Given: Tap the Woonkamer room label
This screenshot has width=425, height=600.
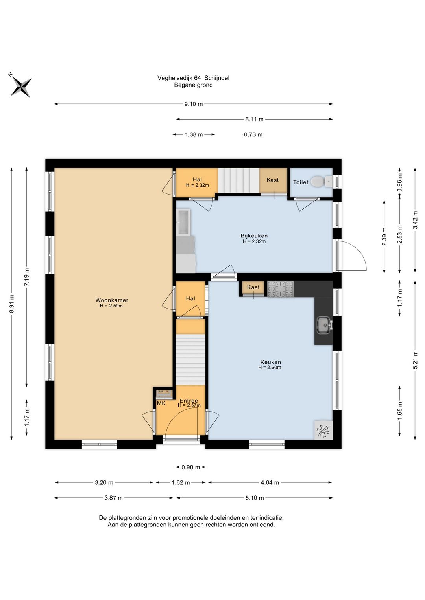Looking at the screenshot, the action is pos(112,300).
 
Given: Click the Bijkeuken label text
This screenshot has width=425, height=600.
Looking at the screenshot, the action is pos(254,236).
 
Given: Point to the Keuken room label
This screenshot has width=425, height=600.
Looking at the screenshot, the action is pos(270,362).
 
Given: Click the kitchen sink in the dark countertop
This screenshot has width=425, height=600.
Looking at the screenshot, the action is pos(324,325).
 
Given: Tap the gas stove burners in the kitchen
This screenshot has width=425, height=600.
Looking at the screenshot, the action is pos(281,289).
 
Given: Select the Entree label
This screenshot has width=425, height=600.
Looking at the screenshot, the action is pos(189,401).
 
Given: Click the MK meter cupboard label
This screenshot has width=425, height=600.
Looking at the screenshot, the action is pos(161,403).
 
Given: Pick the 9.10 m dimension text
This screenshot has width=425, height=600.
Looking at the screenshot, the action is pos(193,104).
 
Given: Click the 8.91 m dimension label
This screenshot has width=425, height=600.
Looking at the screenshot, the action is pos(11,303).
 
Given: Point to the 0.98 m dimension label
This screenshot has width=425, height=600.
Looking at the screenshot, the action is pos(190,467).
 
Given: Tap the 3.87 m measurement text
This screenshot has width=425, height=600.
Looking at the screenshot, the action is pos(113,498).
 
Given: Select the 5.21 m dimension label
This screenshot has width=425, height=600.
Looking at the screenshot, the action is pos(415,360).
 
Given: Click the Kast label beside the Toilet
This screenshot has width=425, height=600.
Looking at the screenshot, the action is pos(272,180).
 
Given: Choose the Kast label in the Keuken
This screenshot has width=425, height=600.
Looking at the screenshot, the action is pos(253,287).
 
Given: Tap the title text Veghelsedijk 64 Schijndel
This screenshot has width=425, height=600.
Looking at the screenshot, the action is pos(193,78).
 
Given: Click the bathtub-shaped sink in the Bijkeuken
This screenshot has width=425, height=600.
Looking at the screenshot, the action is pos(183,222).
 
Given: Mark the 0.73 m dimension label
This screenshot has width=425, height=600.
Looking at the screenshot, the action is pos(253,134).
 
